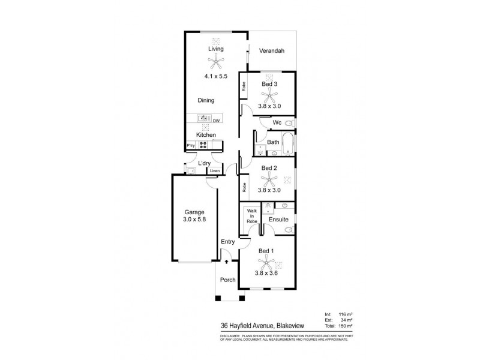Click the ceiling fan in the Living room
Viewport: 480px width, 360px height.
click(215, 60)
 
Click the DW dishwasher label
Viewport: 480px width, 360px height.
click(215, 120)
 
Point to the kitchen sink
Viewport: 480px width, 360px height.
click(203, 119)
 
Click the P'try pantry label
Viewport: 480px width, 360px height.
click(191, 145)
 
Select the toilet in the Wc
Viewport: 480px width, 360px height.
click(289, 124)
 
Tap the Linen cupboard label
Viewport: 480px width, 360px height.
click(214, 172)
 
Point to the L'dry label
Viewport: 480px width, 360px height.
click(204, 163)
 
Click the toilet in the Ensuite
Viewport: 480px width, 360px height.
click(288, 229)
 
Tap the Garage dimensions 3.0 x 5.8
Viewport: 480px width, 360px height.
click(194, 221)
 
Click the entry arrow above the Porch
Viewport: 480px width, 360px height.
click(226, 261)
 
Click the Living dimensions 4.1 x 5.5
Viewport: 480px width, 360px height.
click(215, 77)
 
